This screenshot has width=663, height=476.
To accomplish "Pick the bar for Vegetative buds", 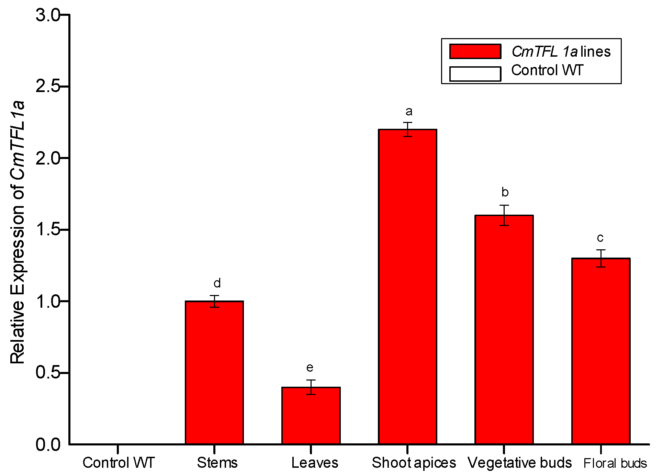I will tap(504, 330).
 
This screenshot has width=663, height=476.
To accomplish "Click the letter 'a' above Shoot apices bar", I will tap(409, 112).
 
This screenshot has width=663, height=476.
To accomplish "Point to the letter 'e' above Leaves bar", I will tap(310, 368).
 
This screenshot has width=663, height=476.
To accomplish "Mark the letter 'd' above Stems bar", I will tap(217, 283).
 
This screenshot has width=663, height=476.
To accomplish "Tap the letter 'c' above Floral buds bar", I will tap(600, 238).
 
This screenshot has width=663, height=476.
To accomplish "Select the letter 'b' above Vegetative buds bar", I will tap(505, 192).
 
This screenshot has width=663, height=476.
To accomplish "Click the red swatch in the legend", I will tap(475, 52).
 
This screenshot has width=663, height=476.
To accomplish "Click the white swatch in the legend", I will tap(475, 73).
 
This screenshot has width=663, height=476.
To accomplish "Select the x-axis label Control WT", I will tap(119, 463).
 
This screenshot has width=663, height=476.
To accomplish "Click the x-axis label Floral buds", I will tap(615, 463).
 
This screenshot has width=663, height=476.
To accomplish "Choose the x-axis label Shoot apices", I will tap(414, 463).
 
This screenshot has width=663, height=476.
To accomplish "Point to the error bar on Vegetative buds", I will tap(504, 215).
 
